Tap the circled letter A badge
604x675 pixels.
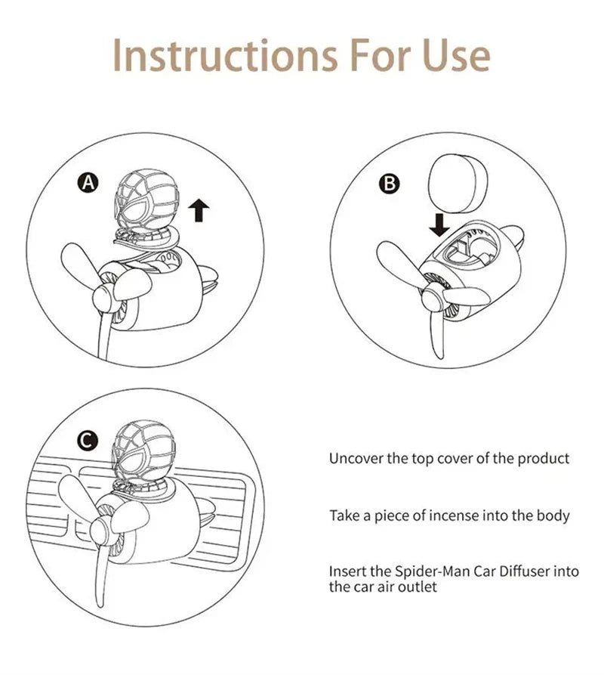click(x=88, y=182)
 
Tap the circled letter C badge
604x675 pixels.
click(x=88, y=441)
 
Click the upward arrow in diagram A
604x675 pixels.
click(x=199, y=209)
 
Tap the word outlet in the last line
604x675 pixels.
click(x=418, y=587)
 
